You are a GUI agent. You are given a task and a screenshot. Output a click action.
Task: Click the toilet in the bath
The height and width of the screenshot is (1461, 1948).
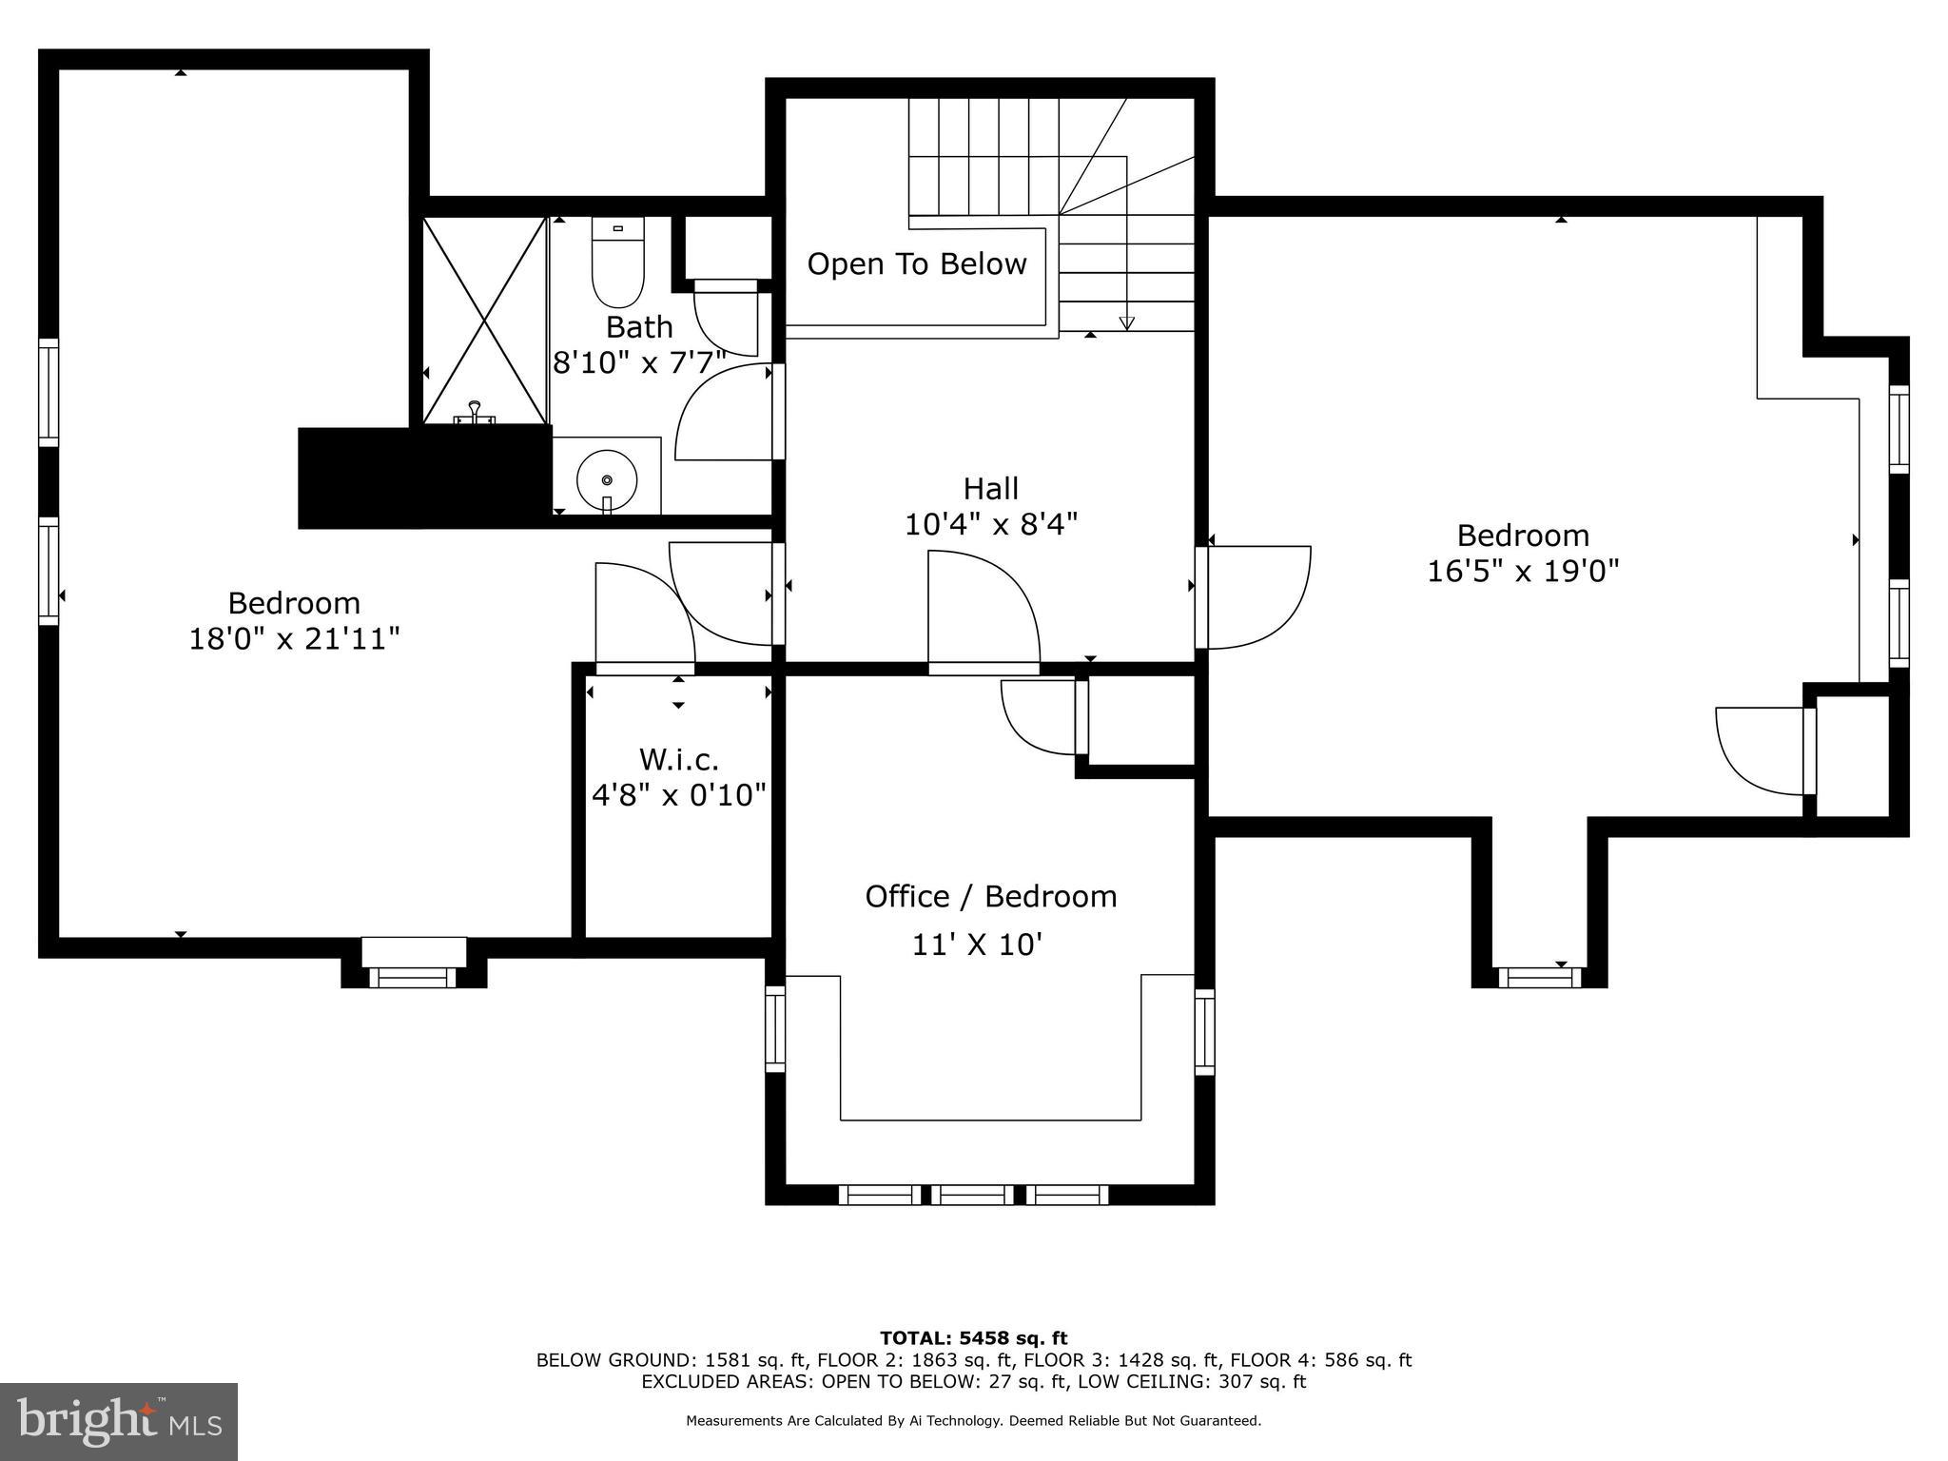617,262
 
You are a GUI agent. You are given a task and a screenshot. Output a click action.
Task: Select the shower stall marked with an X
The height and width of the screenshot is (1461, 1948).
485,321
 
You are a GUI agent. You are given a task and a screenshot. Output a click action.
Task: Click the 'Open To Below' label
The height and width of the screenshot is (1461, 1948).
917,264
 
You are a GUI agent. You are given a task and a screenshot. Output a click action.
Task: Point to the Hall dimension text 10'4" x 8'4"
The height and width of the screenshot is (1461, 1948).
991,524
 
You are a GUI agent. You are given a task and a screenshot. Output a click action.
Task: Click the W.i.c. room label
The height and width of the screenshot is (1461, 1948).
678,759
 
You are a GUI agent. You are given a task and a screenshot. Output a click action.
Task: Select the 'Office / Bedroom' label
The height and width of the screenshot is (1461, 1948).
990,896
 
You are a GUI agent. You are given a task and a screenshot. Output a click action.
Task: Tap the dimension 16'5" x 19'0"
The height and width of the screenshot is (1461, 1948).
1523,571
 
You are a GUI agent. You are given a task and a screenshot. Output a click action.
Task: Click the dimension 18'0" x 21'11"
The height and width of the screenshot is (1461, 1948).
294,638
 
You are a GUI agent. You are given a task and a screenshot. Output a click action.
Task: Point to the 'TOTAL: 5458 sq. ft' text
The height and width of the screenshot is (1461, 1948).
973,1339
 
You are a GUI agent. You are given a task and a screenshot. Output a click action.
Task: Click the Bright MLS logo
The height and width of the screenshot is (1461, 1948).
119,1421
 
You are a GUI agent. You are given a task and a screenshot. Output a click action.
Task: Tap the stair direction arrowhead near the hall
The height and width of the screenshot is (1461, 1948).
1126,323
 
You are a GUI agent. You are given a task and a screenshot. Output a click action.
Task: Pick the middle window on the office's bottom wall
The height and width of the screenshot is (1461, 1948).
972,1195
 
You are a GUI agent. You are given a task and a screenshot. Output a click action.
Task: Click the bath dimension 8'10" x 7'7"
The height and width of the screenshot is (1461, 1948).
639,362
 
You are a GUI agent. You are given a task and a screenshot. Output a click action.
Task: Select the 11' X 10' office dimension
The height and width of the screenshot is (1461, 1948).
977,945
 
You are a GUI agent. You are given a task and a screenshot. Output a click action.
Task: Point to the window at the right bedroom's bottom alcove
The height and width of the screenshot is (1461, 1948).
1539,977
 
